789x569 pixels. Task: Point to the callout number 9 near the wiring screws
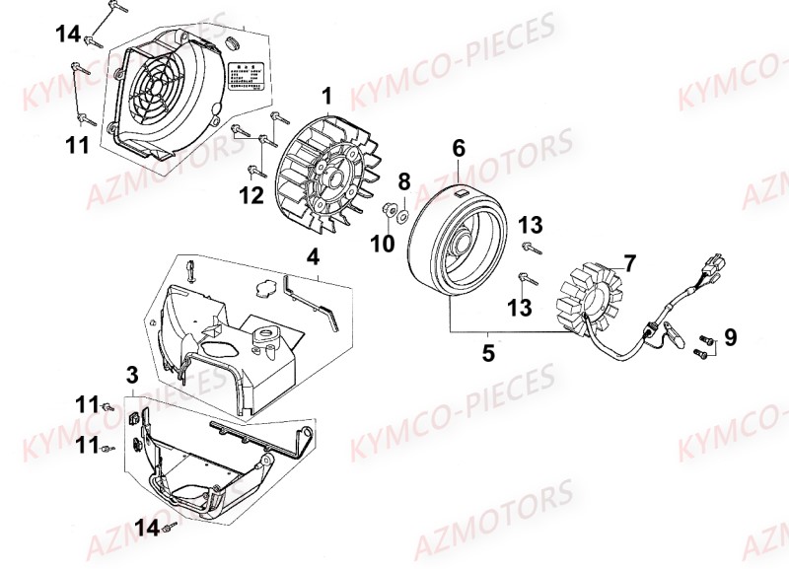(730, 338)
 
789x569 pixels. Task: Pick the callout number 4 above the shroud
(312, 257)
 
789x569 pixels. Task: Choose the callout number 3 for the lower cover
(131, 375)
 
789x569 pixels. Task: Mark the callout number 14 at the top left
(67, 35)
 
